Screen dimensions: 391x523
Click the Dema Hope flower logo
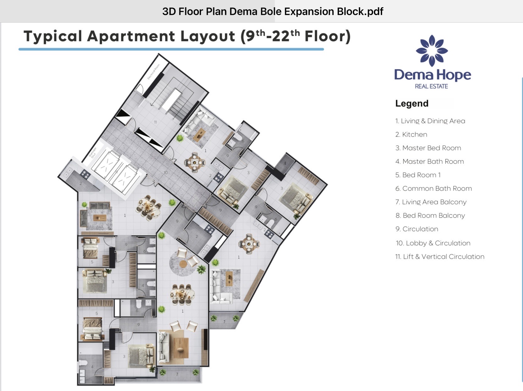[x=432, y=50]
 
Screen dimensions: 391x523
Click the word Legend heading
[x=412, y=103]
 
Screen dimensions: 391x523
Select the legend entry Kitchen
[x=411, y=134]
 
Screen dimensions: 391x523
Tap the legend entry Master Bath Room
[x=430, y=161]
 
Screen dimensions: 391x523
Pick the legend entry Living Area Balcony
[x=431, y=202]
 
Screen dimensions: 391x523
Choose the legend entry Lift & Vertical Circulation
[x=440, y=257]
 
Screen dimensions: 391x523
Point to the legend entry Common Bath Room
[x=433, y=188]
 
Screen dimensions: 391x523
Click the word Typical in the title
[x=53, y=36]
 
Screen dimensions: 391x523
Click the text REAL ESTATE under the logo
[x=431, y=86]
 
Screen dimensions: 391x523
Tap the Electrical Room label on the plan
[x=153, y=71]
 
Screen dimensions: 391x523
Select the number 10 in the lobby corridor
[x=166, y=172]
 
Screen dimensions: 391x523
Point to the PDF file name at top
[x=273, y=11]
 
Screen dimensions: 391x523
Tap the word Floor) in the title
[x=327, y=36]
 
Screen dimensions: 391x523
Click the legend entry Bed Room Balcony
[x=430, y=215]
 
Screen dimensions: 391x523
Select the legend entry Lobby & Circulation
[x=433, y=243]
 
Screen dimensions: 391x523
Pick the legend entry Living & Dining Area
[x=430, y=121]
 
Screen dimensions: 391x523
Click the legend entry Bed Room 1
[x=418, y=175]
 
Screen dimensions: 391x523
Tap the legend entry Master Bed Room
[x=428, y=148]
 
